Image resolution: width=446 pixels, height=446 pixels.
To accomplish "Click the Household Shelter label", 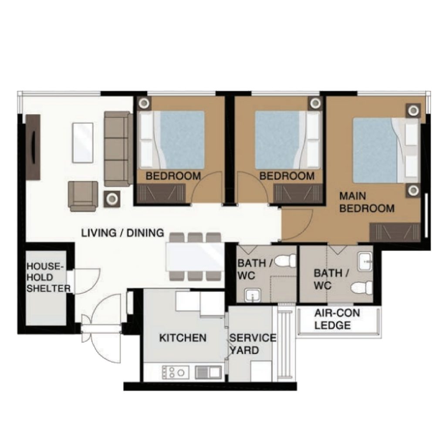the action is coord(48,277).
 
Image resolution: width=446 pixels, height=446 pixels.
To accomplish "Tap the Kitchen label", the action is coord(182,338).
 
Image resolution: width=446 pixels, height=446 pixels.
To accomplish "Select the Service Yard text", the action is coord(253,344).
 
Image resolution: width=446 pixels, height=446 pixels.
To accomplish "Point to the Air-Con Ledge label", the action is coord(337,319).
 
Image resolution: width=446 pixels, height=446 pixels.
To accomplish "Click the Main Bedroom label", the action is coord(367,202).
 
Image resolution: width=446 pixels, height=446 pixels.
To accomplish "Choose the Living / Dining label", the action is coord(122,233).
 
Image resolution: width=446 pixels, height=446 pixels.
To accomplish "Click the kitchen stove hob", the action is coord(175,372).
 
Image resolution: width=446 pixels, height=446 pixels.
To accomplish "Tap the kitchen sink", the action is coord(208,372).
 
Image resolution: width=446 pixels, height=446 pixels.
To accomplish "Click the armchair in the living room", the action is coord(83,196).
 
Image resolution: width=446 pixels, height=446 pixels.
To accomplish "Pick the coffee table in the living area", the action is coord(83,143).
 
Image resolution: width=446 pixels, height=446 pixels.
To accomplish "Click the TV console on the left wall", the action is coord(33,147).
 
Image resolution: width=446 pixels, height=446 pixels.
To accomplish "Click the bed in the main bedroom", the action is coord(385,150).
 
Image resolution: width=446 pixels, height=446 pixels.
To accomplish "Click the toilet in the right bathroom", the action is coord(362,287).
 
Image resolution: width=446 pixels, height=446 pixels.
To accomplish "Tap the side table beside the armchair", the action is coord(112,199).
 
